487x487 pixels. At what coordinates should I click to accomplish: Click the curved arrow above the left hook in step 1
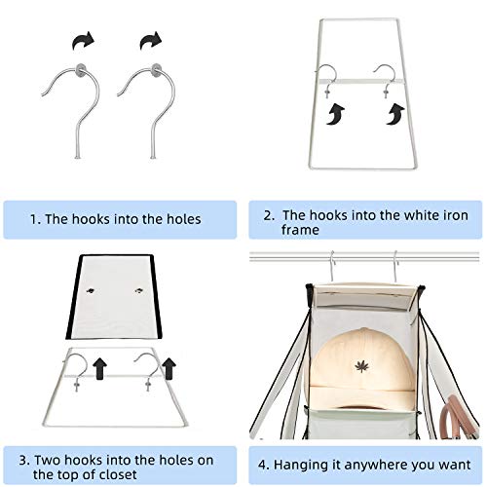tap(83, 41)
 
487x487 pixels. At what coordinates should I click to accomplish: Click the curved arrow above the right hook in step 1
tap(151, 41)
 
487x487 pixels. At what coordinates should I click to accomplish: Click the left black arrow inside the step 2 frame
tap(336, 114)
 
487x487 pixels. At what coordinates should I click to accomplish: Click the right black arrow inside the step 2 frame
tap(395, 114)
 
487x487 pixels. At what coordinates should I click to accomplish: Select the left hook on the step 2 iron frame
tap(325, 80)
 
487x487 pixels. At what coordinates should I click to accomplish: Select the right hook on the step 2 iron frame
tap(385, 80)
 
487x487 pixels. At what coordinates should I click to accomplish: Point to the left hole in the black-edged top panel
tap(92, 290)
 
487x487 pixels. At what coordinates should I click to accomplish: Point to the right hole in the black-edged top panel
tap(139, 290)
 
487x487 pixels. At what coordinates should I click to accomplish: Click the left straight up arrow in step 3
tap(99, 368)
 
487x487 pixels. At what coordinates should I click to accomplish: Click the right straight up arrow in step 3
tap(169, 368)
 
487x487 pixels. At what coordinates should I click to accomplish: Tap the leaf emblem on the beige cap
tap(361, 366)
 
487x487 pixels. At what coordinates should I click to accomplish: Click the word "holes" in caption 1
tap(184, 219)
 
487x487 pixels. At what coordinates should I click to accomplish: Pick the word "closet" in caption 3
tap(118, 474)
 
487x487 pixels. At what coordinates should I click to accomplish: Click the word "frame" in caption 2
tap(300, 230)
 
